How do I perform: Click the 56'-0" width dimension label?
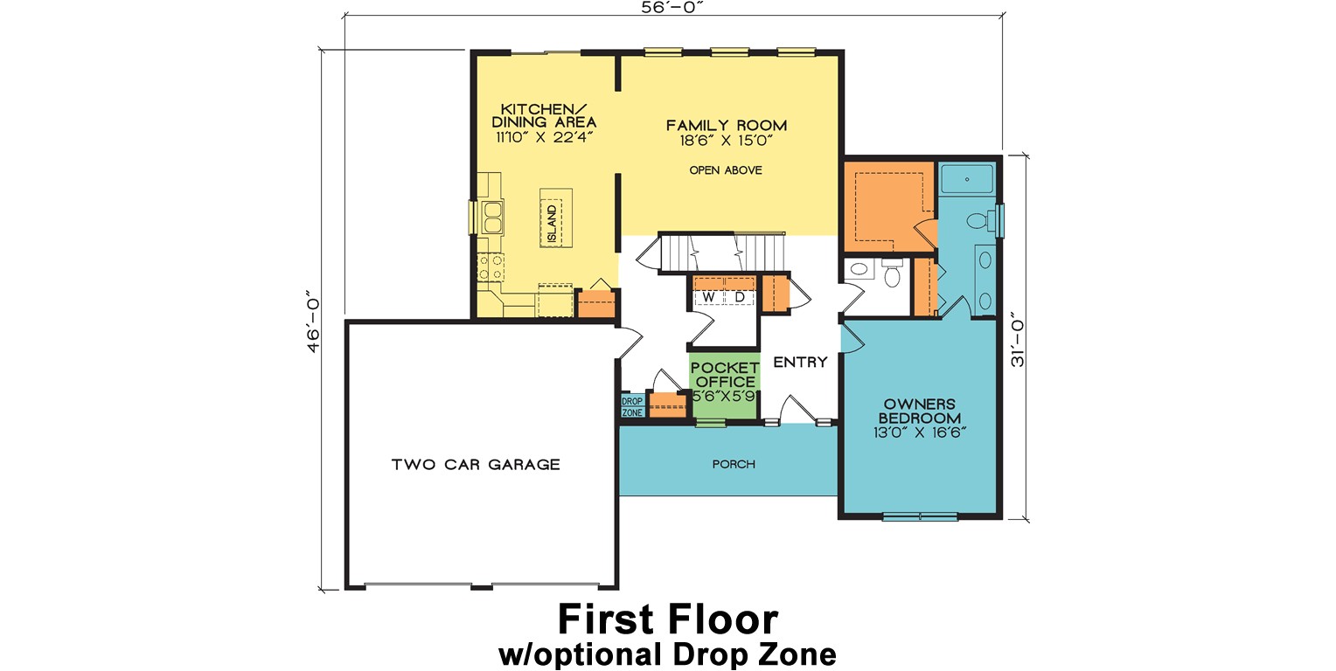671,8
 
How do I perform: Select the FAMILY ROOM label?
726,125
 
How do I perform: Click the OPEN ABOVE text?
725,170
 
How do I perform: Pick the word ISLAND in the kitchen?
552,224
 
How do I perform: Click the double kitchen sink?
491,217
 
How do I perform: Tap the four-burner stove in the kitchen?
490,266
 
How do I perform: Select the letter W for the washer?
708,298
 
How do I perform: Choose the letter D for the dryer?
739,298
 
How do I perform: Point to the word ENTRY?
799,363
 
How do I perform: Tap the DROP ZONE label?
631,406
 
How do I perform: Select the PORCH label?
733,464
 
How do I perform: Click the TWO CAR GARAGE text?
475,464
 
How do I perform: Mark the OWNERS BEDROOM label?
922,411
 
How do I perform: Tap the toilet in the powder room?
893,275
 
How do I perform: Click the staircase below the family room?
723,253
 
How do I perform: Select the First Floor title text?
667,619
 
